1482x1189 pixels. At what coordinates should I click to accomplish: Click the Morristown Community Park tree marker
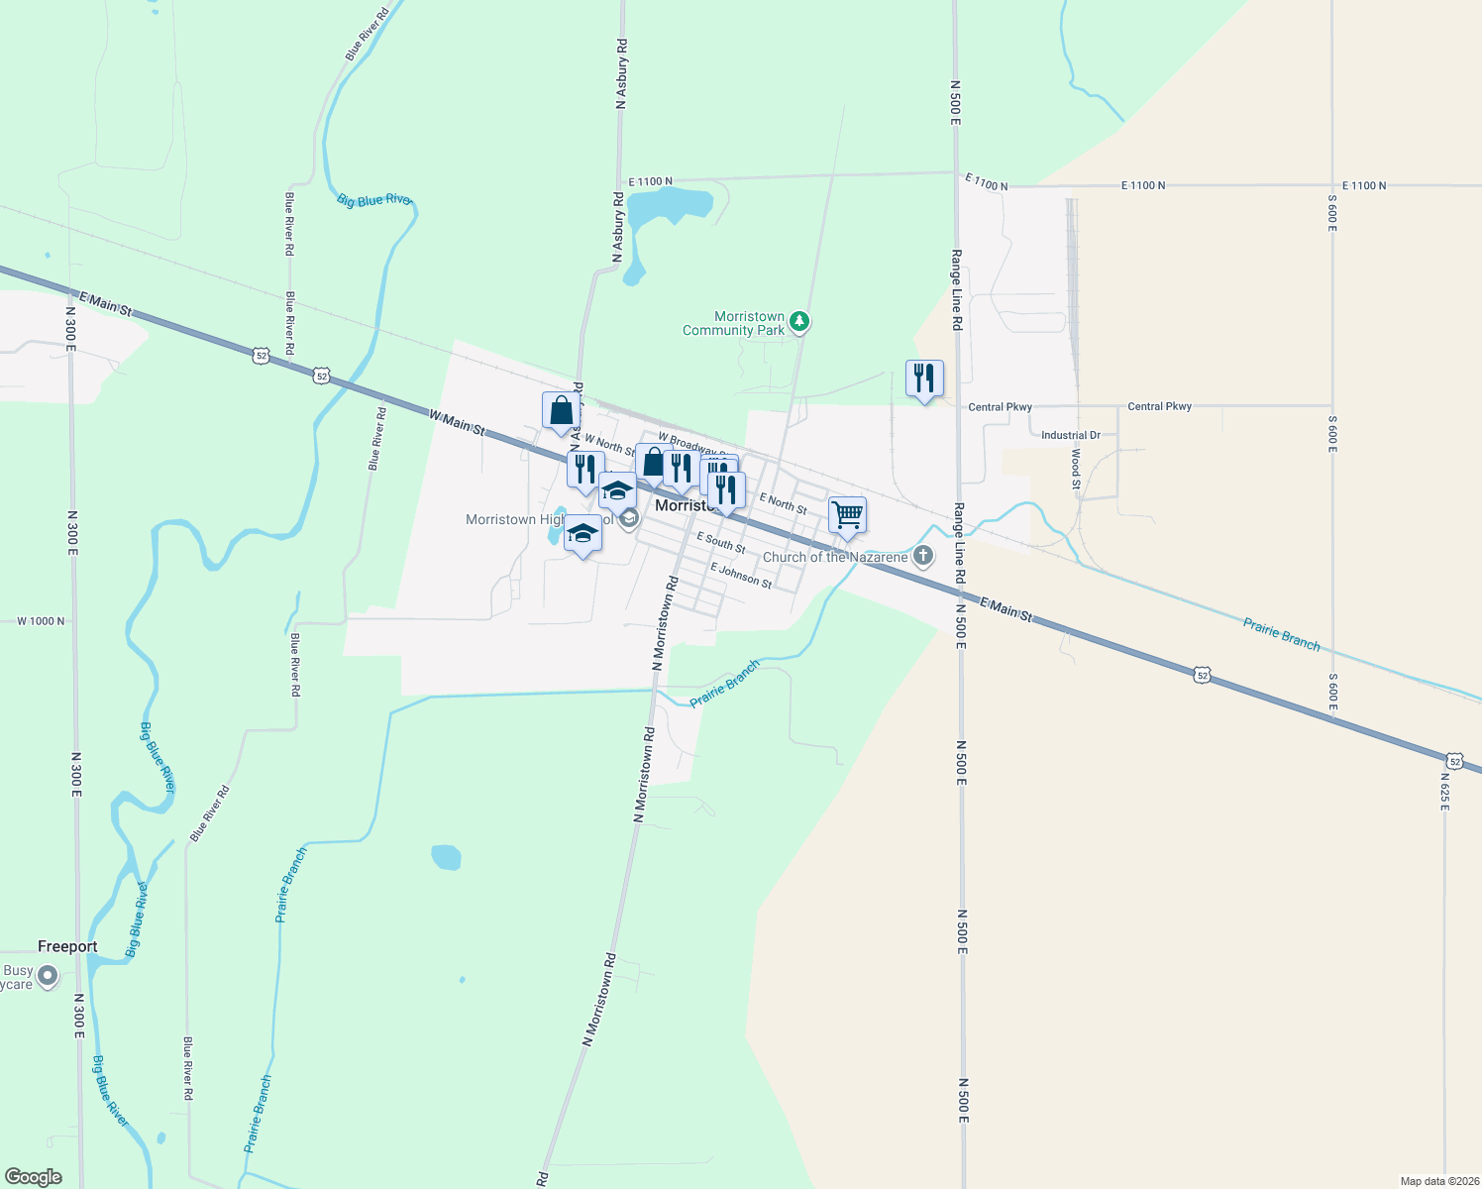[799, 322]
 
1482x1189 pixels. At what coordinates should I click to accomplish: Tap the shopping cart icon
[847, 515]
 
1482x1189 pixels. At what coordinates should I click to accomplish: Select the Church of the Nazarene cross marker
[923, 556]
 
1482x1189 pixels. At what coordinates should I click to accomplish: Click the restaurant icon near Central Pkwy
[924, 378]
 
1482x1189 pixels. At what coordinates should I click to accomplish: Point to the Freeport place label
[67, 946]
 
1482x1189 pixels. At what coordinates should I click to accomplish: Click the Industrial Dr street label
[1071, 435]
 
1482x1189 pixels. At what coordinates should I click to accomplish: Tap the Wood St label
[1076, 470]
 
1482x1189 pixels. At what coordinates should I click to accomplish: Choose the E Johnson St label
[741, 575]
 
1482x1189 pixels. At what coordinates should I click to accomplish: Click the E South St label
[721, 542]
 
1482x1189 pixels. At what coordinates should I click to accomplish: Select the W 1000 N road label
[41, 621]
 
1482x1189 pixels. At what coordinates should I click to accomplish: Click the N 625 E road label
[1444, 792]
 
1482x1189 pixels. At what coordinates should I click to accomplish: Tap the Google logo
[34, 1176]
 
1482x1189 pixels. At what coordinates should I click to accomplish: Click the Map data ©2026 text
[1438, 1181]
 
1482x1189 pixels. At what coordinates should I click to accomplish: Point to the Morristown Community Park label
[734, 323]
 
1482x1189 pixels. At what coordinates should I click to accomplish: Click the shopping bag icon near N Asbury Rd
[561, 410]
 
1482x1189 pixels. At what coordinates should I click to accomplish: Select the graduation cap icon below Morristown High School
[582, 535]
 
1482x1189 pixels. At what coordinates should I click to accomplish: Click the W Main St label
[457, 423]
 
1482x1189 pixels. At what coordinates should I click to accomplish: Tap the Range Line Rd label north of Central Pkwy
[957, 289]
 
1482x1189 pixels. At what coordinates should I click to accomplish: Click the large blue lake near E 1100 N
[670, 205]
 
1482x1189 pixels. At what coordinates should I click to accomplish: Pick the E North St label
[783, 503]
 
